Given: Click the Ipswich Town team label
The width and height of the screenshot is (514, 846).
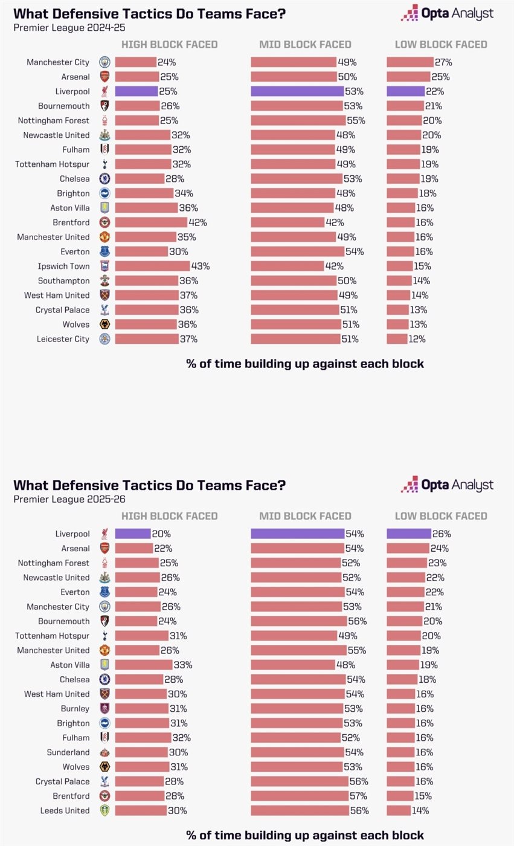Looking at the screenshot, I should pos(63,266).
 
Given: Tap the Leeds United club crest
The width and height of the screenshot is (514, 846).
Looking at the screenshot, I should pos(104,810).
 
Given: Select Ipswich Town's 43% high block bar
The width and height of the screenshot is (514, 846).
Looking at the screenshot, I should pos(152,266).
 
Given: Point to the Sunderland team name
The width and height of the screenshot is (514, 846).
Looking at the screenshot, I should pos(68,752).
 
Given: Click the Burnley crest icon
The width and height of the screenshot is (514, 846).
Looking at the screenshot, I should pos(104,708).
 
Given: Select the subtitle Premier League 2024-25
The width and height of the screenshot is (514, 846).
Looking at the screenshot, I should pos(69,27).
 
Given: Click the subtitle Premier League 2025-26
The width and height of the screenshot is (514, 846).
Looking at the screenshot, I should pos(69,499).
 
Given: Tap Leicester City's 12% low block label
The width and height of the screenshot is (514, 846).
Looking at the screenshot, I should pos(417,339).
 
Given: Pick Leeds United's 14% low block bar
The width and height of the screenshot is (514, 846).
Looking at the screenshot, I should pos(399,810).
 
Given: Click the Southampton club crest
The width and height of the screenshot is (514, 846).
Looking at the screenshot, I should pos(104,280).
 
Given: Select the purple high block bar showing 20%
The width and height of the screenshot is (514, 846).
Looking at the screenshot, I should pos(133,534).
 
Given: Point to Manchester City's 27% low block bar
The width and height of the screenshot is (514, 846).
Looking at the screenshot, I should pos(410,62).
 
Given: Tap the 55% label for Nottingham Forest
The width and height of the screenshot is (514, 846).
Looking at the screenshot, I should pos(356,120).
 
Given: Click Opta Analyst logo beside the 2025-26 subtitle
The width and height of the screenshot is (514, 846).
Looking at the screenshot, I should pos(447,485).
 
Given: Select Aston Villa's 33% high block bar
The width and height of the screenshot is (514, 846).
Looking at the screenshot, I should pos(143,665).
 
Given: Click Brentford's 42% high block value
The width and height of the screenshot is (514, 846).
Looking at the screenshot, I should pos(198,222).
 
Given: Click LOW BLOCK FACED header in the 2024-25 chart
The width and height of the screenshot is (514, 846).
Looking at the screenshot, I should pos(441,44).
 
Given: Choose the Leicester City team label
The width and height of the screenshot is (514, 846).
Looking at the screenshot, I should pos(63,339).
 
